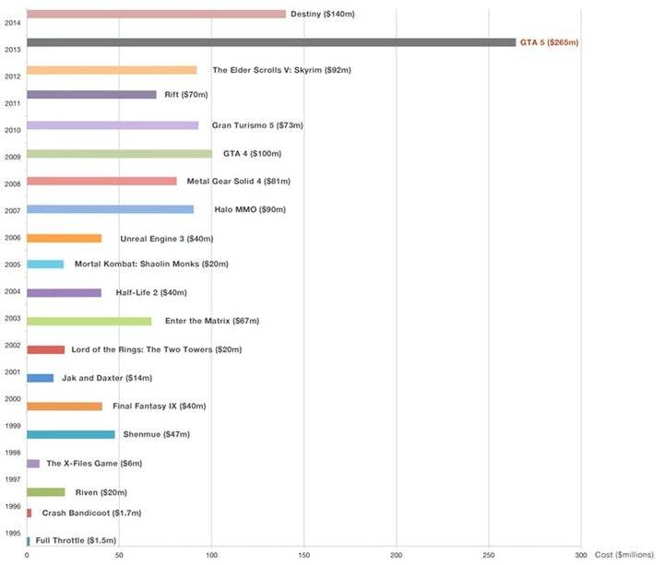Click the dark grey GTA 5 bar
pyautogui.click(x=271, y=42)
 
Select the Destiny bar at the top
pyautogui.click(x=156, y=14)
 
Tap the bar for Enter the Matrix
pyautogui.click(x=89, y=321)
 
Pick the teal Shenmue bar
pyautogui.click(x=71, y=434)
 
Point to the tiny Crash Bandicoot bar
pyautogui.click(x=30, y=512)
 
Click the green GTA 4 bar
pyautogui.click(x=119, y=154)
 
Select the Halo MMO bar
pyautogui.click(x=110, y=209)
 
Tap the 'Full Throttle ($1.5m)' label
pyautogui.click(x=76, y=540)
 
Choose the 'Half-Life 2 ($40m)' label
pyautogui.click(x=151, y=292)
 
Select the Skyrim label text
pyautogui.click(x=281, y=70)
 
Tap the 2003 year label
pyautogui.click(x=13, y=317)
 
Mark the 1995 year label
pyautogui.click(x=13, y=533)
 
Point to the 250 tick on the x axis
pyautogui.click(x=488, y=555)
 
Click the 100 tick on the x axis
pyautogui.click(x=211, y=555)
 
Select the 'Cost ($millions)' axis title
pyautogui.click(x=622, y=555)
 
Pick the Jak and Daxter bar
pyautogui.click(x=40, y=378)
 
